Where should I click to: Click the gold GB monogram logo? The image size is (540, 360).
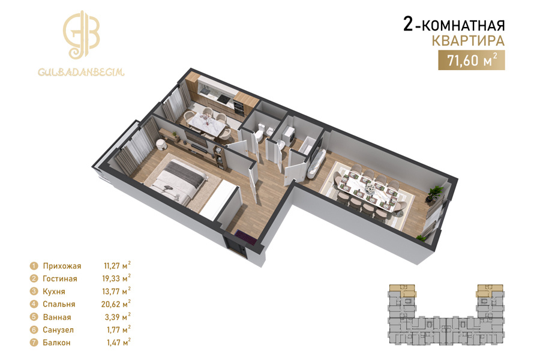coord(81,35)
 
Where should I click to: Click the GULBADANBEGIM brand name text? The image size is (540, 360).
coord(81,72)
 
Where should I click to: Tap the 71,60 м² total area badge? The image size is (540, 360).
coord(471,60)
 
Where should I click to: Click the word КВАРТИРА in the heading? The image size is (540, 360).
coord(468,41)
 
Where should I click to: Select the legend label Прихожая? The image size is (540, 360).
coord(62,266)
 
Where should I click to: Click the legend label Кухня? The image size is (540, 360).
coord(54,292)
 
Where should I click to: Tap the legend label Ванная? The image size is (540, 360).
coord(57,317)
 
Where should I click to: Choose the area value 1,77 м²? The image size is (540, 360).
coord(119,329)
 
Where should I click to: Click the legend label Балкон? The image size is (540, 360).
coord(56,343)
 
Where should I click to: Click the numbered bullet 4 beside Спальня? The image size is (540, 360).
coord(34,304)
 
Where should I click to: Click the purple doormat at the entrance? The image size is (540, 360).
coord(245,238)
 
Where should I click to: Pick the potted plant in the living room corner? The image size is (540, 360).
coord(431,194)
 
